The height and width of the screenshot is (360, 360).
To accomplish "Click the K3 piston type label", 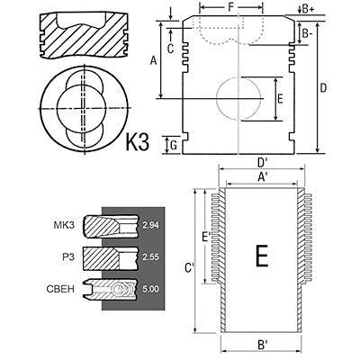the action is pos(137,141).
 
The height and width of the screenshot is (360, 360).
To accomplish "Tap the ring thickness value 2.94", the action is pos(150,226).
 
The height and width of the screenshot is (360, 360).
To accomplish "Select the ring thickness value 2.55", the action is pos(150,257).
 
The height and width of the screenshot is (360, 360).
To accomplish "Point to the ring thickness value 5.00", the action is pos(150,289).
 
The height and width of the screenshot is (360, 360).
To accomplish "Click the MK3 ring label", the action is pos(64,225).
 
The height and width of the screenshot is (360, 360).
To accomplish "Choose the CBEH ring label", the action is pos(60,289).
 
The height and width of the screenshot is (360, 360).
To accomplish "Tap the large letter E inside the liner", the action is pos(262,256).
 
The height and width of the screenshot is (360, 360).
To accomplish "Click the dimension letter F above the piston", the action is pos(230,7).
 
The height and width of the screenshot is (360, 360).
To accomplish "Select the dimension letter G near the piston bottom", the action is pos(174,146).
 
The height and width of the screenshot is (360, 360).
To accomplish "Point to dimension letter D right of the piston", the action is pos(323,88).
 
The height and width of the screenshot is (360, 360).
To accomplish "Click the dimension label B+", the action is pos(308,9).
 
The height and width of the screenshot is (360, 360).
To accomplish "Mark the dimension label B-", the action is pos(307,33).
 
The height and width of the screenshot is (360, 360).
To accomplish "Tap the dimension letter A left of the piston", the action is pos(154,61).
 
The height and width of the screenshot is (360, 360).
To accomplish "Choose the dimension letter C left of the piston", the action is pos(170,49).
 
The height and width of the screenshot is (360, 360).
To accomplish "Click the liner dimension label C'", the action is pos(189,268).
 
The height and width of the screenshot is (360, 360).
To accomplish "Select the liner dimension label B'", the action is pos(262,345).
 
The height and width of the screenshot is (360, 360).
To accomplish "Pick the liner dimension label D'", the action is pos(262,163).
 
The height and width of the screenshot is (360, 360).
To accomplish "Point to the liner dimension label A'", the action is pos(262,177).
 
